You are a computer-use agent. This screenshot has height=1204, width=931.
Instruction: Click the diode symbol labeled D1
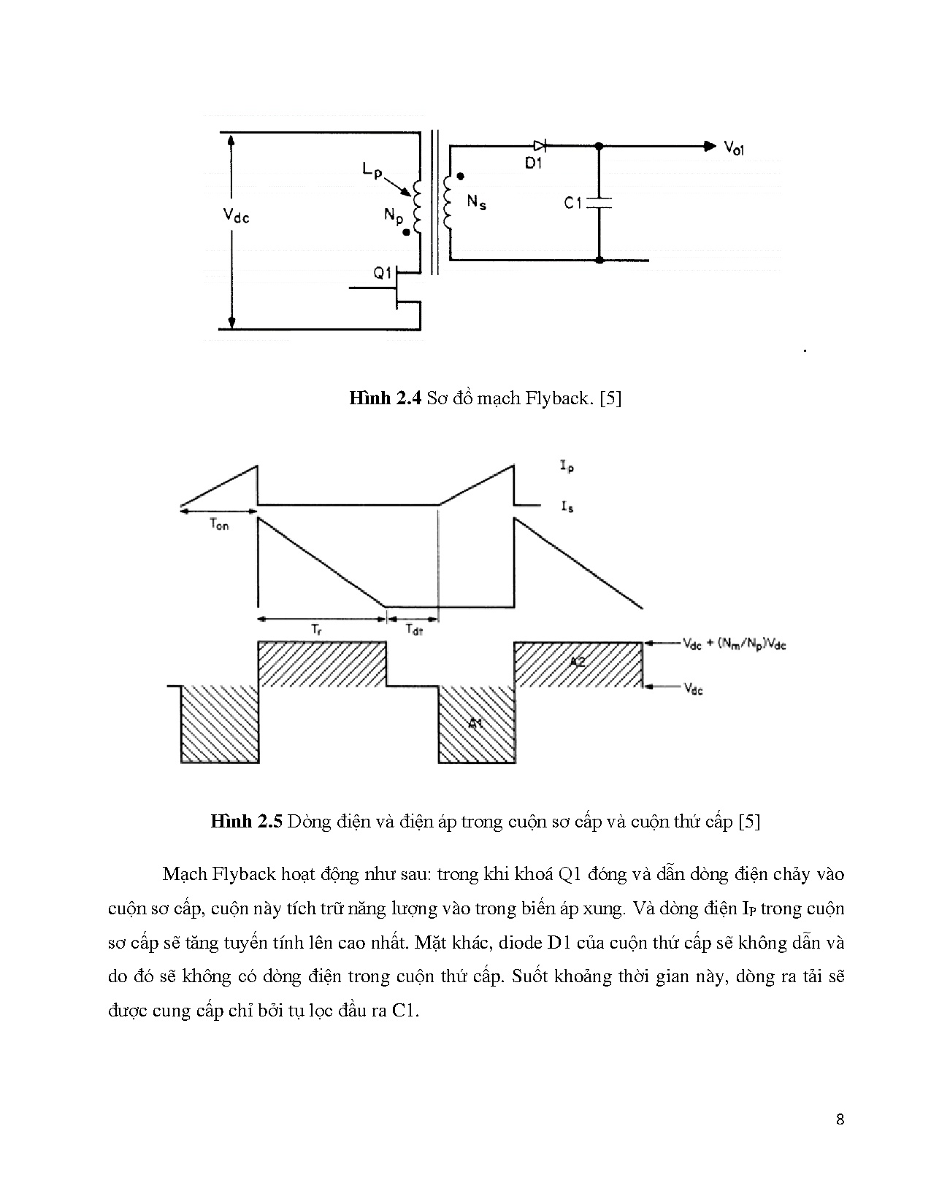[540, 146]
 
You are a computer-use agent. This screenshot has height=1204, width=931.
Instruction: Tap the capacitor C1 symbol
[599, 202]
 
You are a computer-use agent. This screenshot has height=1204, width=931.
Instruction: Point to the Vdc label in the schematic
[235, 215]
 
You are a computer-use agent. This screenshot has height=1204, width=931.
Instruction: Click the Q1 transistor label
[383, 274]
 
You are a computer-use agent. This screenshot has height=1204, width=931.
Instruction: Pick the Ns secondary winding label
[476, 204]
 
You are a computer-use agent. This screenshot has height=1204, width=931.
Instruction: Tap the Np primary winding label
[394, 215]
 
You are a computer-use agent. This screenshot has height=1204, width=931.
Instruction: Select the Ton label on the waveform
[218, 525]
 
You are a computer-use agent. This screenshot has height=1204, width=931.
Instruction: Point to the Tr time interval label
[316, 628]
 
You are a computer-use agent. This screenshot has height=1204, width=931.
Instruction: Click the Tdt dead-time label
[413, 629]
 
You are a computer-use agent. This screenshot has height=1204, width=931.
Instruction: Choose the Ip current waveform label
[567, 466]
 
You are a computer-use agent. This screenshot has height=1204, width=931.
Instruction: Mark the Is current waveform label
[567, 506]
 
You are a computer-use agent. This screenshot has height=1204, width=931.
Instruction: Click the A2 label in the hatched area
[578, 661]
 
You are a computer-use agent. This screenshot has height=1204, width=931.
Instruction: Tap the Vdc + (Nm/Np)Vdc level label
[734, 644]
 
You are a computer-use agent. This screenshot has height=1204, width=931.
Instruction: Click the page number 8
[840, 1120]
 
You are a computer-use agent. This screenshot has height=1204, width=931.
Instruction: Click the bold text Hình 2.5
[246, 822]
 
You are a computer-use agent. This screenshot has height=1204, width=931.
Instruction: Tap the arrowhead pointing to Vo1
[709, 146]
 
